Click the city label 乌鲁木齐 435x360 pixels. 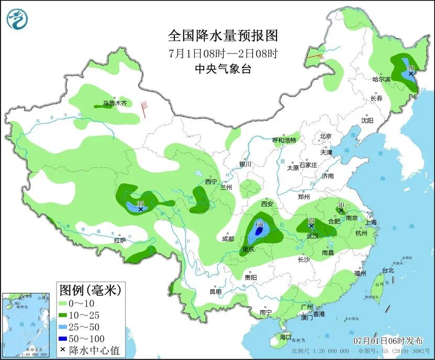point(114,104)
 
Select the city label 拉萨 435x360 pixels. point(120,241)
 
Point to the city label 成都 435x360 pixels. point(228,239)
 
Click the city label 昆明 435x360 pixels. point(215,291)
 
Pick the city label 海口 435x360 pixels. point(285,337)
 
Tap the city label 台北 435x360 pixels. point(387,271)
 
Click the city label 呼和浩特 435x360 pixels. point(284,140)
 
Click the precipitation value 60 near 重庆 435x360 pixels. point(259,224)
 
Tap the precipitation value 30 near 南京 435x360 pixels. point(340,205)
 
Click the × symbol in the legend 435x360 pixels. point(63,350)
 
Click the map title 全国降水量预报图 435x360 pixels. point(222,36)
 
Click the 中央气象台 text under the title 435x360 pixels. point(222,69)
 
